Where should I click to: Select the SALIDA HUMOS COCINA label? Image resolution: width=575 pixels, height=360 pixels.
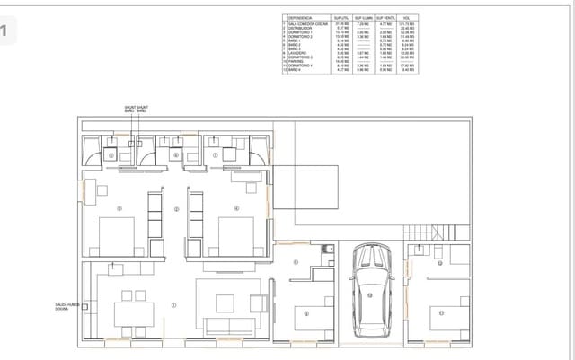tap(68, 307)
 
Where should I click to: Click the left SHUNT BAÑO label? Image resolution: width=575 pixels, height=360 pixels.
tap(129, 110)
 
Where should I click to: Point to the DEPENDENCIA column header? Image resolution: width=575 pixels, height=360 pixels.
tap(301, 17)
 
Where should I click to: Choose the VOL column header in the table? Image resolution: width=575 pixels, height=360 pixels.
tap(408, 17)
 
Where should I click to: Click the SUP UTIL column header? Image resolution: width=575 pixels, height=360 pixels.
tap(341, 17)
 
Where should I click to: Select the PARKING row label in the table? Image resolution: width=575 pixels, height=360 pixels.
tap(296, 61)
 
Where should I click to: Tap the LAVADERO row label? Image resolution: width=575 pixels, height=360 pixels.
tap(299, 53)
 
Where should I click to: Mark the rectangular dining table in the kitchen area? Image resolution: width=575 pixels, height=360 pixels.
tap(133, 312)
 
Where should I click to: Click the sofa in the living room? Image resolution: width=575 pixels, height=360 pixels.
tap(231, 326)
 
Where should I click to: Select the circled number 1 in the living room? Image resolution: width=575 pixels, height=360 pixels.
tap(173, 305)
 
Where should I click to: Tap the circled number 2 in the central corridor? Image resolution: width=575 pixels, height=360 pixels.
tap(177, 209)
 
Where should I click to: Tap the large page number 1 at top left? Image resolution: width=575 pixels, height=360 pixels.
tap(8, 33)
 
